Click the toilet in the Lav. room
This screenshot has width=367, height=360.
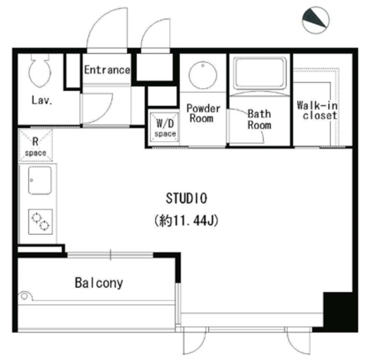[x=40, y=71]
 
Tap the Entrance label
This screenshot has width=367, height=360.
[x=107, y=70]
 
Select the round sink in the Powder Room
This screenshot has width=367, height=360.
[x=203, y=75]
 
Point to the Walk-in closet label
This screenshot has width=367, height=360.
[x=317, y=110]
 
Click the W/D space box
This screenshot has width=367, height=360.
[x=164, y=127]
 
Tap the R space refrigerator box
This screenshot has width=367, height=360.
[x=35, y=145]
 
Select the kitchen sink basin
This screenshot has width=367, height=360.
[x=40, y=181]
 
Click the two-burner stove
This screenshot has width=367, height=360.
[x=40, y=222]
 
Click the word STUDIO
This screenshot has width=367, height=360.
[x=186, y=198]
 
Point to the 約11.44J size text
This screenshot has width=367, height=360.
[x=186, y=221]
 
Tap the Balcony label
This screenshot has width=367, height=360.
[x=99, y=283]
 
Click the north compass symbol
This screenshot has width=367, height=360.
[x=315, y=20]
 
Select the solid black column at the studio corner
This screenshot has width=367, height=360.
[x=340, y=312]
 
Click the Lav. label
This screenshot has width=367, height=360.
[x=42, y=100]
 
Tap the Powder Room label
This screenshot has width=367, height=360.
[x=203, y=114]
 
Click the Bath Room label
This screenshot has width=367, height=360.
[x=259, y=119]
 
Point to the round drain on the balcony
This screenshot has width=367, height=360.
[x=24, y=296]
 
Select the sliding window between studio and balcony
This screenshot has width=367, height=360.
[x=110, y=255]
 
